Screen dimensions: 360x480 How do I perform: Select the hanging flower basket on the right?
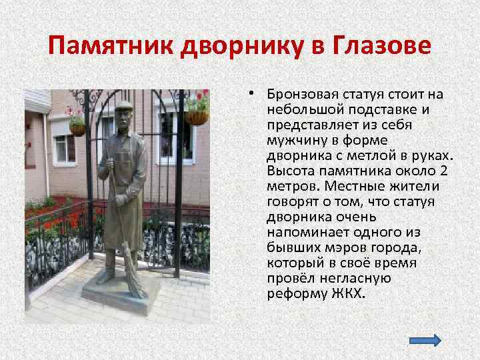coord(197,117)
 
